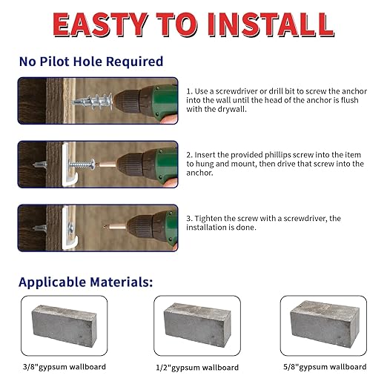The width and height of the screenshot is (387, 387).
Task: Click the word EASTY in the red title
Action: (101, 24)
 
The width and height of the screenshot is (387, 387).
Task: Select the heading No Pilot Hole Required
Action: (91, 62)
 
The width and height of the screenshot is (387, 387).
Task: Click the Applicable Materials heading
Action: (86, 282)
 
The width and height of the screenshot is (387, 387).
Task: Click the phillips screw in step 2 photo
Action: (82, 164)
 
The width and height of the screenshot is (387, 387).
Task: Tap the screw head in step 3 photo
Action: (70, 228)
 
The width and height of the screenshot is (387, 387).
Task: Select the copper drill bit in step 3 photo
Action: (116, 226)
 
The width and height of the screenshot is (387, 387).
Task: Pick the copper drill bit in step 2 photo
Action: (107, 164)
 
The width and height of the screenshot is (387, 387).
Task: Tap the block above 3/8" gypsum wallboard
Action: (64, 326)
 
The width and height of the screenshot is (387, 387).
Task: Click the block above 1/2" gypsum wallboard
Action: (197, 325)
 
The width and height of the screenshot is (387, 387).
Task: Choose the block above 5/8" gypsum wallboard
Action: (325, 324)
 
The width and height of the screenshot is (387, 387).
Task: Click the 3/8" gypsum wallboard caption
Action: (64, 367)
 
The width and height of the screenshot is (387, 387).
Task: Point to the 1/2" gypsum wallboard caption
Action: (197, 368)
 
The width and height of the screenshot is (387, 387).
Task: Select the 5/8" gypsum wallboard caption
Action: (325, 367)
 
